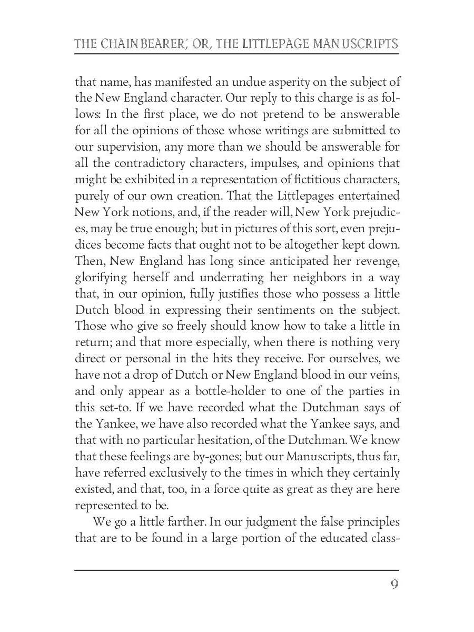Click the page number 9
click(394, 586)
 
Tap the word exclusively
click(183, 473)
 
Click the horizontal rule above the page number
click(236, 569)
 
